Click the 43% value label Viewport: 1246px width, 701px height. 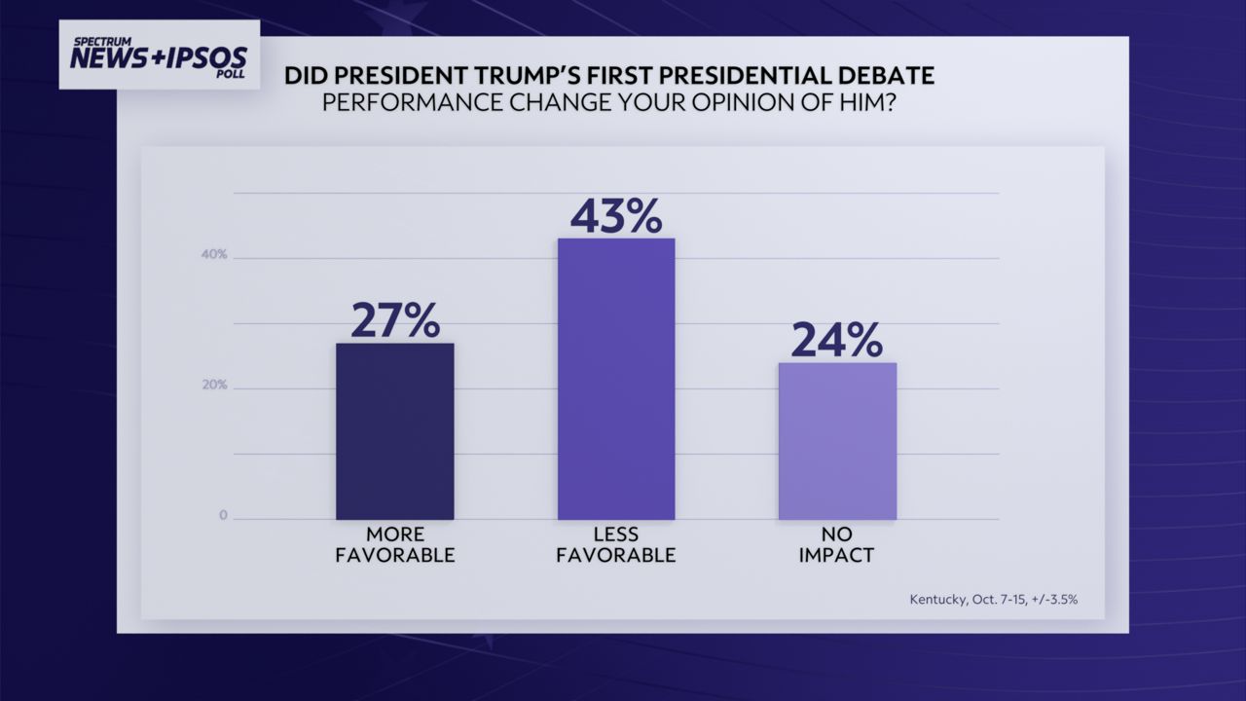(616, 215)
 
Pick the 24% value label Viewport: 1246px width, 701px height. (837, 340)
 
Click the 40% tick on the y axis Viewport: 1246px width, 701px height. (215, 255)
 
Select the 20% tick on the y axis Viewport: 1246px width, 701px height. (215, 386)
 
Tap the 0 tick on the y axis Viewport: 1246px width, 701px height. (223, 516)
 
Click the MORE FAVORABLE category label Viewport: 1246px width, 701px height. (395, 545)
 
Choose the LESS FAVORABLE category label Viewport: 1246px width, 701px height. (616, 545)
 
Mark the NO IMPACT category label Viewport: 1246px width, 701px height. (837, 545)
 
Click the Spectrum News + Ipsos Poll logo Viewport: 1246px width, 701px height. (159, 55)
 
